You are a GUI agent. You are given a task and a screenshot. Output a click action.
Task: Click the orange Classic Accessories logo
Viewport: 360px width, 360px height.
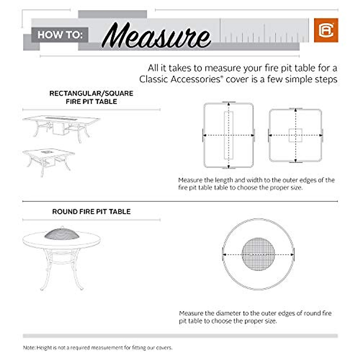pos(326,30)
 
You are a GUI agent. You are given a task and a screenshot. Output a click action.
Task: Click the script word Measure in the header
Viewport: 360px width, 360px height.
pos(156,36)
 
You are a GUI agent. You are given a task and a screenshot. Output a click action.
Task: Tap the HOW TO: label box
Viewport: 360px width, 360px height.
pos(60,35)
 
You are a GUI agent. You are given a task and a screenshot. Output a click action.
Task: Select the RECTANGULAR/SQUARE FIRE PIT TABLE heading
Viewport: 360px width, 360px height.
pos(91,97)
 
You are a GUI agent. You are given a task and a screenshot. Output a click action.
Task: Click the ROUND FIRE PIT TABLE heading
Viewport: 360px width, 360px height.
pos(91,211)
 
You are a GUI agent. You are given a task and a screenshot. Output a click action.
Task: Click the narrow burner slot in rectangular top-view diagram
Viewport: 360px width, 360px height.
pos(229,135)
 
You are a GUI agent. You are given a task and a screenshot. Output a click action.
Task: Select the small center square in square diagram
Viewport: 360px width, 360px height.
pos(295,135)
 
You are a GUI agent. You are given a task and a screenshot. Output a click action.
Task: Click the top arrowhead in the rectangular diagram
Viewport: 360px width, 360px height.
pos(229,104)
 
